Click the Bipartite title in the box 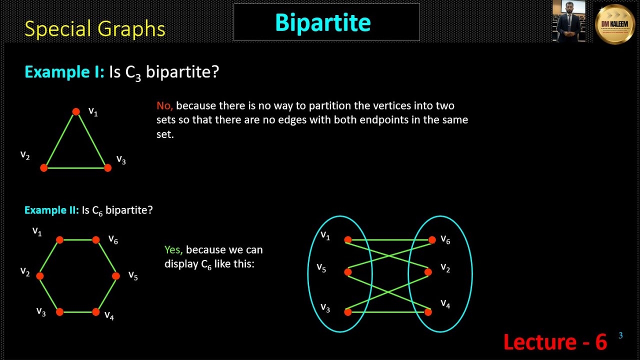click(x=323, y=22)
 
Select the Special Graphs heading click(x=94, y=29)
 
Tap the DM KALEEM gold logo click(x=614, y=24)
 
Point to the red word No click(x=164, y=106)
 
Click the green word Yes click(x=173, y=250)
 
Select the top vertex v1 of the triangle click(x=76, y=112)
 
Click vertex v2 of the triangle click(x=44, y=168)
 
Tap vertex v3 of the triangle click(x=107, y=168)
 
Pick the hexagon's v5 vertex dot click(x=116, y=276)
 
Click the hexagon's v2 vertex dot click(x=40, y=276)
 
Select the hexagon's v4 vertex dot click(x=96, y=312)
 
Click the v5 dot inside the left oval click(x=348, y=272)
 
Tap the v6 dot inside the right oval click(x=432, y=240)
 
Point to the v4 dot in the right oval click(x=428, y=312)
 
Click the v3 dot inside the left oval click(x=348, y=312)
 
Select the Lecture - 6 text click(x=555, y=342)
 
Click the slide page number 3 click(x=620, y=335)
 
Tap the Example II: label click(x=51, y=210)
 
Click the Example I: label click(x=64, y=72)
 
